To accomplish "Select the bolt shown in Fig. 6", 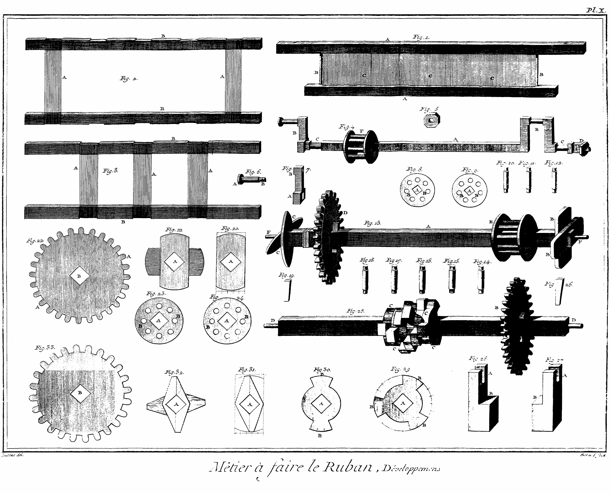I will (252, 180).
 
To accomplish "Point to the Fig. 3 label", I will (110, 171).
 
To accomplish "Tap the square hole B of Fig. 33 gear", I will (80, 392).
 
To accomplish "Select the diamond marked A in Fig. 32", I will (176, 404).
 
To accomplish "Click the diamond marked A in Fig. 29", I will (403, 403).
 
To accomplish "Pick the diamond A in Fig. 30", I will (321, 404).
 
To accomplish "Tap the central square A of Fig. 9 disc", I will (469, 190).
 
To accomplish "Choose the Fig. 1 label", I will (421, 37).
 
